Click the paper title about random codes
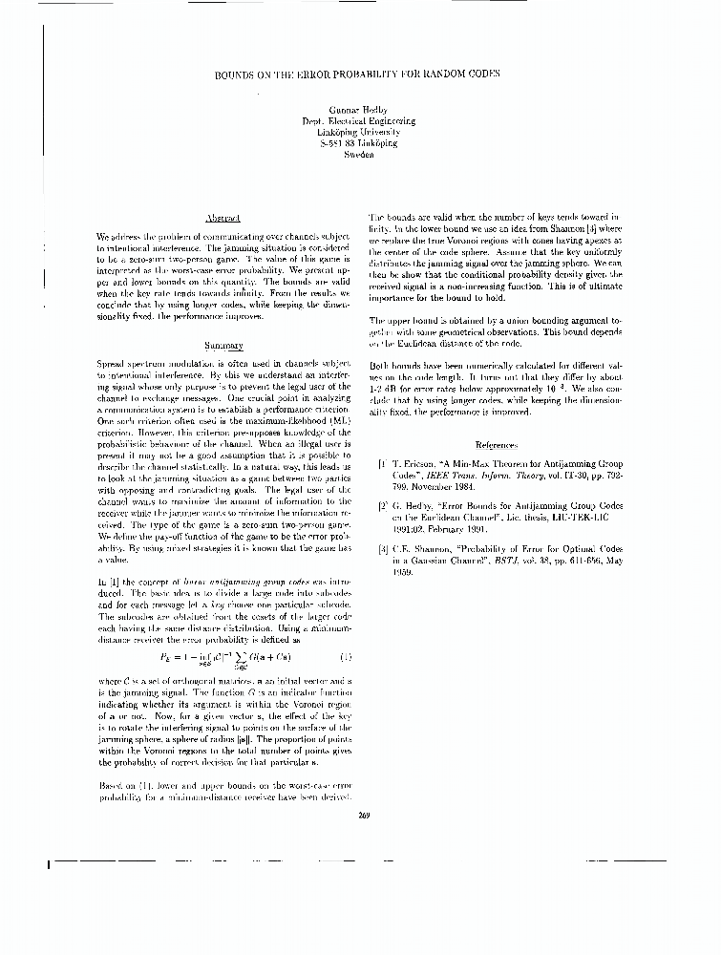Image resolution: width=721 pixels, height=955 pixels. pos(358,74)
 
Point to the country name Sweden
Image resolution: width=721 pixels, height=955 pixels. pos(358,153)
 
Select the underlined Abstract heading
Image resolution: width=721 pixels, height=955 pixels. pos(223,219)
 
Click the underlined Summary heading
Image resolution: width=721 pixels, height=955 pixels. pos(223,345)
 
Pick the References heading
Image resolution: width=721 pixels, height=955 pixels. pos(496,445)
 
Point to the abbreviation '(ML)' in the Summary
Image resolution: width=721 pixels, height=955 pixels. pos(323,419)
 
